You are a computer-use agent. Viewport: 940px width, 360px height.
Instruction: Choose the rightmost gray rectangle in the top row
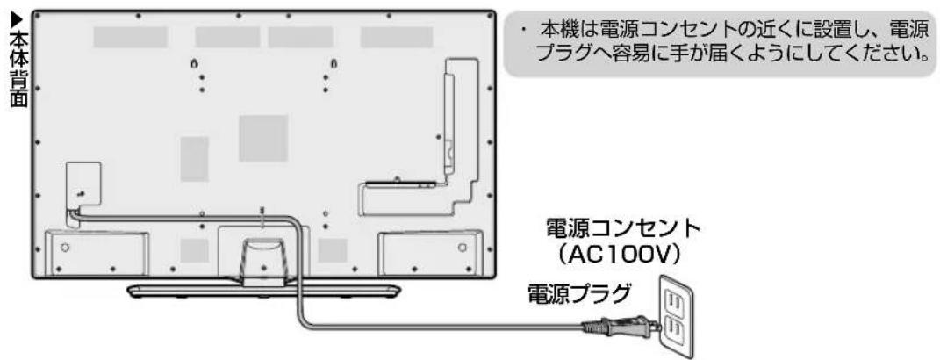[x=397, y=37]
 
